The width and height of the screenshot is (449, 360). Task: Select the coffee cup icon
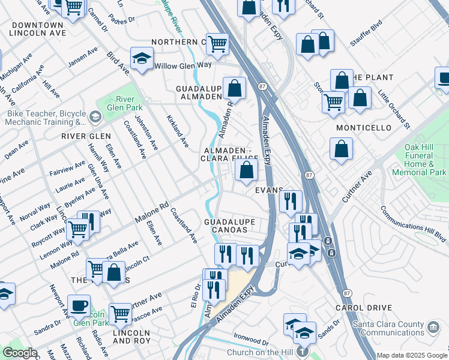pos(79,304)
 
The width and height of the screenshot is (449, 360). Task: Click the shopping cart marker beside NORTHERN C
pos(217,43)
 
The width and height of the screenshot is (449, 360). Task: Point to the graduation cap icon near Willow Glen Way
pos(142,58)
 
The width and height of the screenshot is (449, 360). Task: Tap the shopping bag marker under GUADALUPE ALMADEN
pos(235,88)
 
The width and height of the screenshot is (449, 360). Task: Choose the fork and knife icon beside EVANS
pos(290,201)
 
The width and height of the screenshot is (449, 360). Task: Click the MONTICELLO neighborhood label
pos(364,128)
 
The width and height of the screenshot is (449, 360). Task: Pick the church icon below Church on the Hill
pos(304,352)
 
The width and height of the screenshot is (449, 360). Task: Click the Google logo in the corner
pos(19,353)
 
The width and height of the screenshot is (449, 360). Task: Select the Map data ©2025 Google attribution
pos(411,355)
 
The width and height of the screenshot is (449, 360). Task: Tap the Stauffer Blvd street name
pos(366,36)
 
